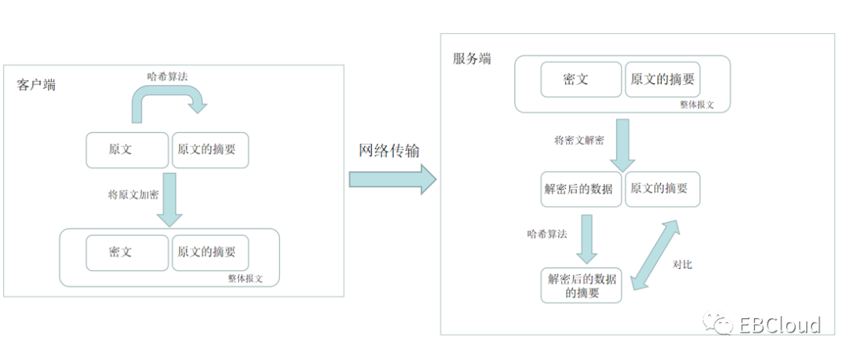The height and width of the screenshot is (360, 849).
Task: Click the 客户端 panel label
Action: point(36,85)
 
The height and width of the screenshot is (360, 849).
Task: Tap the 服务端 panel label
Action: point(472,59)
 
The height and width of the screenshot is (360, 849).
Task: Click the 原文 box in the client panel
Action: point(126,149)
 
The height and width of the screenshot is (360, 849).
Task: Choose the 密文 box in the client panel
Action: point(126,252)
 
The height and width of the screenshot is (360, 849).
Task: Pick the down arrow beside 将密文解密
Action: point(623,146)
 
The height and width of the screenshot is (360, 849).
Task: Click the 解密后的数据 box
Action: point(583,189)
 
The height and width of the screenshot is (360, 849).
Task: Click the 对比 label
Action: point(682,265)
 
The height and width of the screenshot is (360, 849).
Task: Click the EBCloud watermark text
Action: point(779,325)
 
